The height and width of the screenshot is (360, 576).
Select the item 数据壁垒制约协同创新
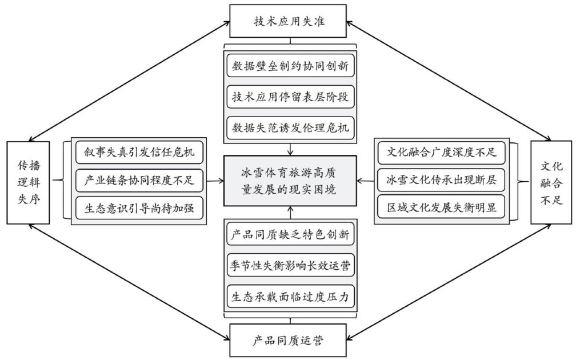point(290,66)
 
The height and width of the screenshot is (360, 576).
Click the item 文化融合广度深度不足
point(442,153)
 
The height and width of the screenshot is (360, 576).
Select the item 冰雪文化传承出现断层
point(442,181)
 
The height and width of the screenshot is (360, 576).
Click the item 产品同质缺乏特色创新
point(290,235)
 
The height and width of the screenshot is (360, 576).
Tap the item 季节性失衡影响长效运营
point(290,266)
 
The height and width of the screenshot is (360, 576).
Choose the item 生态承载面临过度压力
point(290,297)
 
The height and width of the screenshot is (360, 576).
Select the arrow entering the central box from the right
point(366,182)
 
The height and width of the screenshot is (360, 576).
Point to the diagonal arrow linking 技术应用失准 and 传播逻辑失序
point(126,80)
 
